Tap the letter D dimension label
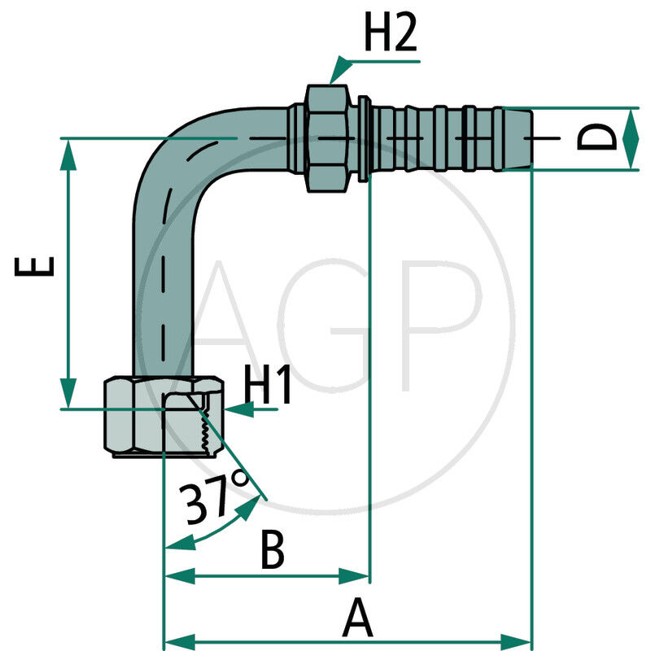pos(599,138)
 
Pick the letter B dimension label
pos(272,550)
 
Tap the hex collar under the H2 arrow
pos(329,138)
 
